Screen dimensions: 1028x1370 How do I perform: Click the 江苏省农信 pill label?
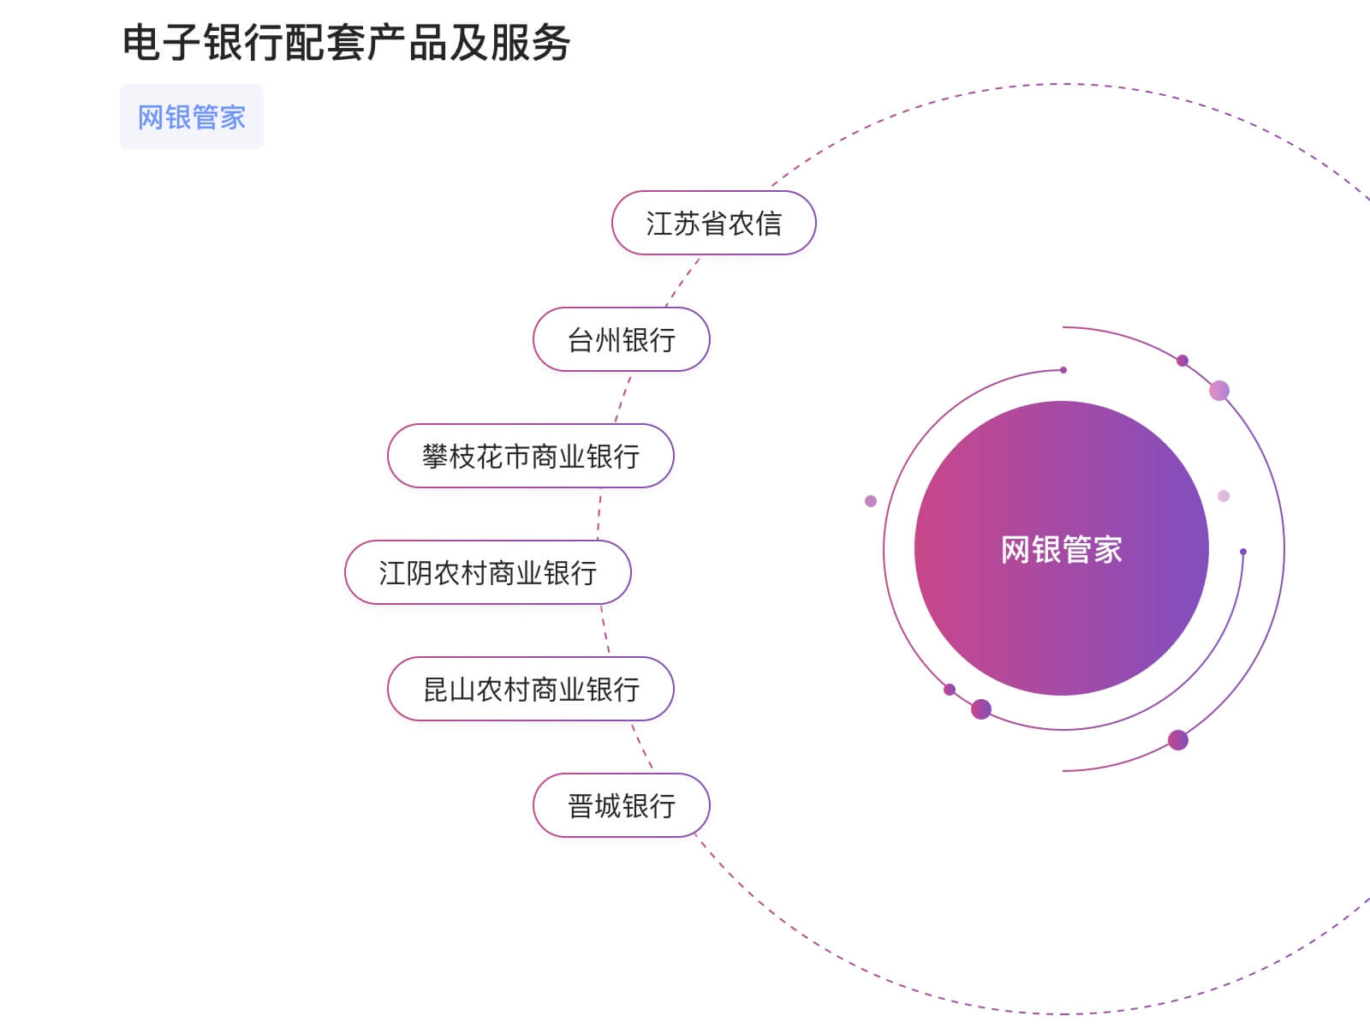coord(713,224)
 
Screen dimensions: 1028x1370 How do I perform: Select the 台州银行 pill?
coord(622,340)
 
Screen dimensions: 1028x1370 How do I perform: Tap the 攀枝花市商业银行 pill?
coord(530,457)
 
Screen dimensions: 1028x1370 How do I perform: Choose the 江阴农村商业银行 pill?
coord(487,573)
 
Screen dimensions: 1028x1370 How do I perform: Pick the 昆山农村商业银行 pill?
coord(530,690)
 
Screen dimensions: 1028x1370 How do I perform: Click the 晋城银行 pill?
coord(622,806)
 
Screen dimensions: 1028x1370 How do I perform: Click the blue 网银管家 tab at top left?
coord(192,117)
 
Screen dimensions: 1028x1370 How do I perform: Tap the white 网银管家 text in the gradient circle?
coord(1061,549)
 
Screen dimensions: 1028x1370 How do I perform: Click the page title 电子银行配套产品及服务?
coord(346,43)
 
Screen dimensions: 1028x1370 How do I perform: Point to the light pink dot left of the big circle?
coord(871,501)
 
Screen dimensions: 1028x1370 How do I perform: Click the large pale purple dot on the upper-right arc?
coord(1219,391)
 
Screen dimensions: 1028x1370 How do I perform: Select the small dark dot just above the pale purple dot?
coord(1182,361)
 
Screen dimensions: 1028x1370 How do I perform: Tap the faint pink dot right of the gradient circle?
coord(1224,496)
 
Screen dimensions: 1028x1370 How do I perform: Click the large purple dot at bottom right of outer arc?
coord(1178,740)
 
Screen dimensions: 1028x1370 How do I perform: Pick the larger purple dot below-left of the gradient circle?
coord(981,709)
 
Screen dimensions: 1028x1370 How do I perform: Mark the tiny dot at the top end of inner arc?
coord(1063,370)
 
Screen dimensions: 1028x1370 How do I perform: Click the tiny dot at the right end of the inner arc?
coord(1243,552)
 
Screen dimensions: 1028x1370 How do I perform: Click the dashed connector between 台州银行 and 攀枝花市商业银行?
coord(622,397)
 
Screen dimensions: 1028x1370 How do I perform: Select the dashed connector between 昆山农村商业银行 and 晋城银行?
coord(642,746)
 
